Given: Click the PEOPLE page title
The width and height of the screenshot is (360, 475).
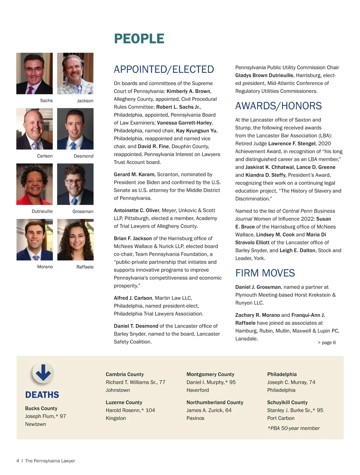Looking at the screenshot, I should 139,39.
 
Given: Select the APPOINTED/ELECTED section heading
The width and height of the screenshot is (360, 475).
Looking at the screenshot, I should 164,69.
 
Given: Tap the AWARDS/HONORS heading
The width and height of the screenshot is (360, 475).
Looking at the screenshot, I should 278,106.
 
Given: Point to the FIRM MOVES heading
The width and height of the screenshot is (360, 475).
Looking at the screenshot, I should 265,273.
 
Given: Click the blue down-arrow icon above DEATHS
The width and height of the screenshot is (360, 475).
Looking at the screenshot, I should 43,373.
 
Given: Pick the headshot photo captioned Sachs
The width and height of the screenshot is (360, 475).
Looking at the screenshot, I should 34,74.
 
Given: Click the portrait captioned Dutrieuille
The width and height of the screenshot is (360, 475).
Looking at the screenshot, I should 34,184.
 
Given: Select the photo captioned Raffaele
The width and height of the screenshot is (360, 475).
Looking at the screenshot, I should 75,240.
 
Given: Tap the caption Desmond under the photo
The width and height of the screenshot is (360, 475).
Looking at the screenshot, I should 83,156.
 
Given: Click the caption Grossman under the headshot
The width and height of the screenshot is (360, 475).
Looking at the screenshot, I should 83,211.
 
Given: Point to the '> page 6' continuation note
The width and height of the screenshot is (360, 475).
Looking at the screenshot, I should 327,343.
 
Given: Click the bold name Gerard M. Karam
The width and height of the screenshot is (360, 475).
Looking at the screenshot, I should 134,174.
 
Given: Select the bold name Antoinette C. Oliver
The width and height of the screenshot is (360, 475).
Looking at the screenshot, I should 136,210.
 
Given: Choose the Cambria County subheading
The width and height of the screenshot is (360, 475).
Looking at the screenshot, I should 124,374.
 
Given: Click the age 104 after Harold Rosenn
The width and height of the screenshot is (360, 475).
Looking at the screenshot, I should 150,410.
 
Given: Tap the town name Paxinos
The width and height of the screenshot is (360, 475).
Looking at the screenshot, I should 195,418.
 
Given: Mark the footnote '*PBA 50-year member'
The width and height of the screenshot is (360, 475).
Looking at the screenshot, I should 293,428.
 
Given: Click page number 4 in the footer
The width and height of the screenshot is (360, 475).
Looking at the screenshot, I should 18,461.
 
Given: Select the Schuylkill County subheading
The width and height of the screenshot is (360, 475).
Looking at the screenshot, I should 287,402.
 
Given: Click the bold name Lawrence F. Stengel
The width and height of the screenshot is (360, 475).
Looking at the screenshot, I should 292,144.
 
